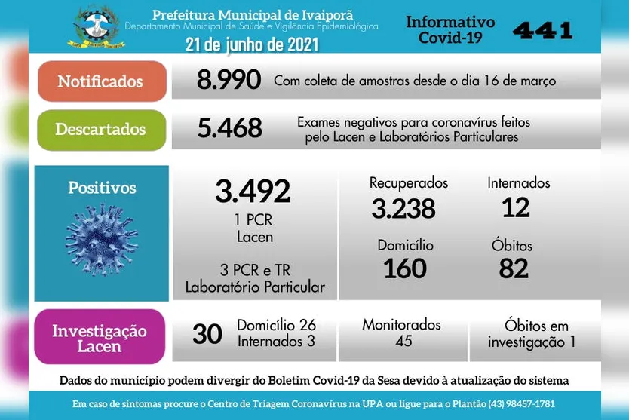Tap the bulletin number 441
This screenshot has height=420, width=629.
(x=542, y=30)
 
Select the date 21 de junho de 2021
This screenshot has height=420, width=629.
(x=252, y=45)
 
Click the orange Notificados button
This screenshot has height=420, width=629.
(x=100, y=81)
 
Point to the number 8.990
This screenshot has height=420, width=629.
(x=229, y=80)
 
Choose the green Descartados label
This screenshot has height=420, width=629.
(x=100, y=129)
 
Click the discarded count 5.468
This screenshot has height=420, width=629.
(x=229, y=128)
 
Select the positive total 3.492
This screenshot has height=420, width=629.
(x=253, y=192)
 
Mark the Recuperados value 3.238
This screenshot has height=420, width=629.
(x=403, y=208)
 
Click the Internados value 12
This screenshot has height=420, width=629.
(x=516, y=207)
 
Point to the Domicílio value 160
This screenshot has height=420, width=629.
(x=405, y=268)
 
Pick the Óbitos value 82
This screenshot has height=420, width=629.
(x=514, y=268)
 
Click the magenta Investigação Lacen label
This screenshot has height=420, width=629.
(x=100, y=338)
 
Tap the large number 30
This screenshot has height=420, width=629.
(x=207, y=334)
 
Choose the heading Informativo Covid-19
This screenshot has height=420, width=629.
(x=450, y=29)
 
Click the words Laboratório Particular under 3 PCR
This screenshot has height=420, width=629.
(x=256, y=287)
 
